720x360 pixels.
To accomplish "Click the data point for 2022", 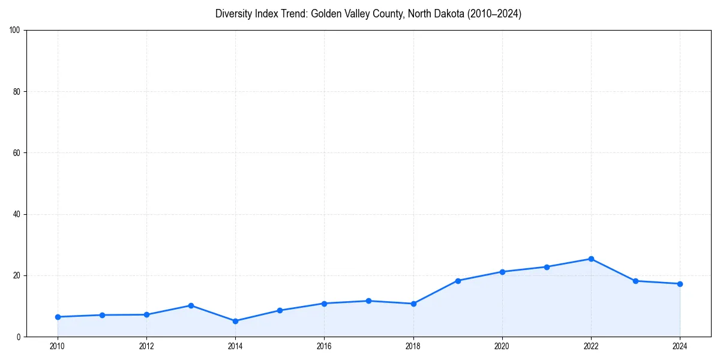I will point(591,259).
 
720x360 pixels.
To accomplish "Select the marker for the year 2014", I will point(235,321).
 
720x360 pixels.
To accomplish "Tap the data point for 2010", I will point(58,317).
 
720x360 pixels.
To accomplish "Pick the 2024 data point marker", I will point(680,284).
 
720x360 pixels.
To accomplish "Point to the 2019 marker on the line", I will point(458,280).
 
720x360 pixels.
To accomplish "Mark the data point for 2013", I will point(191,305).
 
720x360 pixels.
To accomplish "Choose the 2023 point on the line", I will point(635,281).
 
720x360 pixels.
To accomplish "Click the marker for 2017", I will point(368,301).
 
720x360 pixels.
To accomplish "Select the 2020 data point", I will point(502,272).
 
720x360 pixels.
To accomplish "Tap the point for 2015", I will point(280,310).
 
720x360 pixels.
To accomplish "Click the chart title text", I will point(368,14).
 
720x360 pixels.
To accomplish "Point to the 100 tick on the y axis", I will point(15,31).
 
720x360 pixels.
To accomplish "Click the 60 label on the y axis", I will point(17,153).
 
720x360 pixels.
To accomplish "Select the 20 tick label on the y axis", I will point(17,275).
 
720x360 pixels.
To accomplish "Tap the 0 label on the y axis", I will point(19,337).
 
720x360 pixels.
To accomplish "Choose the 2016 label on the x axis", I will point(324,346).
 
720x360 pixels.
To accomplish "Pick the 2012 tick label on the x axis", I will point(146,346).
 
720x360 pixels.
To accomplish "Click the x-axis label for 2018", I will point(413,346).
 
